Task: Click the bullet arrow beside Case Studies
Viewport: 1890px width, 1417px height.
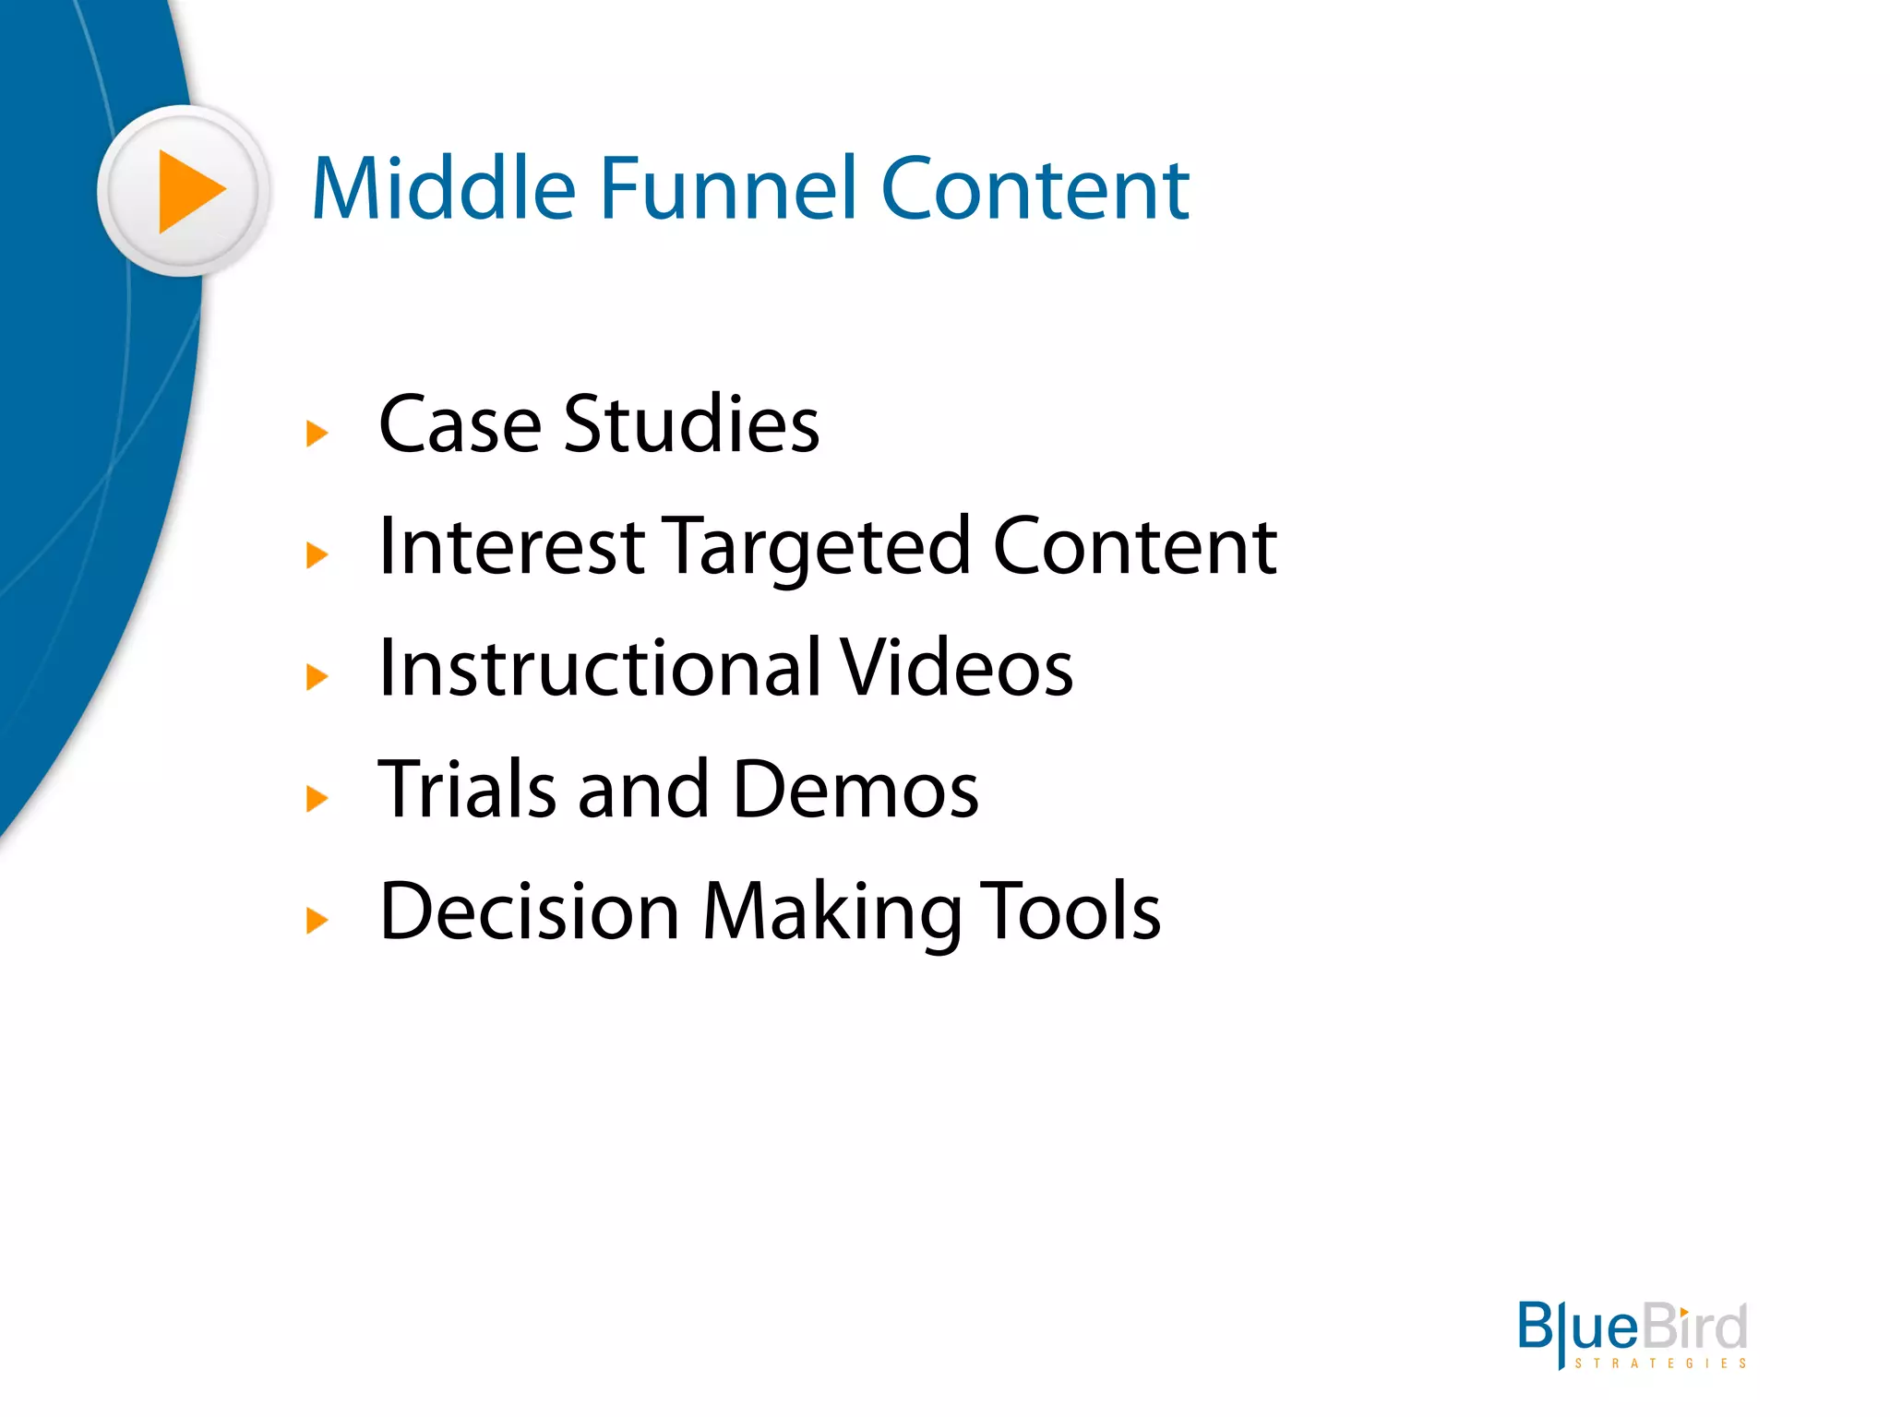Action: pyautogui.click(x=317, y=433)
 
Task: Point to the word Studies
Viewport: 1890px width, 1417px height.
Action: pyautogui.click(x=691, y=424)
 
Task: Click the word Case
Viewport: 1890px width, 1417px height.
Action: pyautogui.click(x=460, y=425)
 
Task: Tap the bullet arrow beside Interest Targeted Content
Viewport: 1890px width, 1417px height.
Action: pyautogui.click(x=317, y=554)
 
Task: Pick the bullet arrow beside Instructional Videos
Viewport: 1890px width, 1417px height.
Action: pyautogui.click(x=317, y=676)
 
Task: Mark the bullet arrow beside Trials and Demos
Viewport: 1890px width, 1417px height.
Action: pyautogui.click(x=317, y=798)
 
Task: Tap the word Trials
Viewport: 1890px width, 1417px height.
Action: pyautogui.click(x=467, y=790)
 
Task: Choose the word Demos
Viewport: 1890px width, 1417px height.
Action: pyautogui.click(x=855, y=790)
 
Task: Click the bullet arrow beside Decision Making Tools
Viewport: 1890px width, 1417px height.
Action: pyautogui.click(x=317, y=920)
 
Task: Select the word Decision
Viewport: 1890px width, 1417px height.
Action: pyautogui.click(x=530, y=911)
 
